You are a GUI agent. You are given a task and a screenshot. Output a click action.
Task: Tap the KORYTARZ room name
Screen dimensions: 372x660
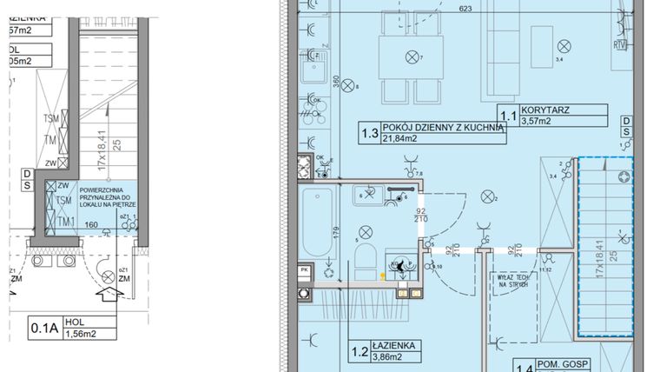(549, 110)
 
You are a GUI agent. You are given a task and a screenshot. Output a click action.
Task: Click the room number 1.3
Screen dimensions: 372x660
(369, 133)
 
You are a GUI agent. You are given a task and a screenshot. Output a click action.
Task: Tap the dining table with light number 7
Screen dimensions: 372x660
(412, 57)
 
